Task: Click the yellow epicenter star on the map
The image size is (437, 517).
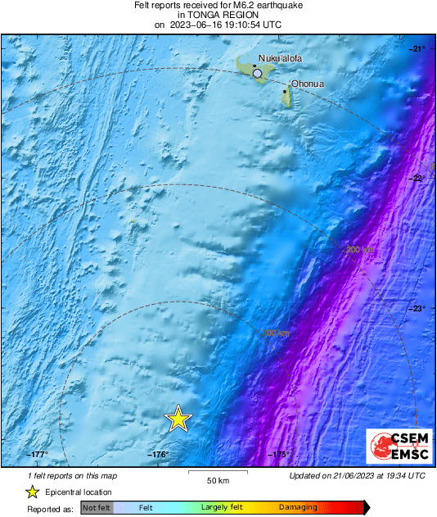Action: (178, 419)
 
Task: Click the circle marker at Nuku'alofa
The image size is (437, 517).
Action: (258, 74)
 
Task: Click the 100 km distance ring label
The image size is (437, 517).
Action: (277, 333)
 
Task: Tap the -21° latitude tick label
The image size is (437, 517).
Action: (417, 49)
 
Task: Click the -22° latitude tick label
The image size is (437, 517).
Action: (417, 179)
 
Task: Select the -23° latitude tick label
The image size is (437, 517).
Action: (417, 309)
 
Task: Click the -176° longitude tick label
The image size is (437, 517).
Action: (157, 454)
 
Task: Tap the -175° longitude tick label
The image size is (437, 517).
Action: (278, 454)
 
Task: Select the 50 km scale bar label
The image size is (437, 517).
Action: (217, 480)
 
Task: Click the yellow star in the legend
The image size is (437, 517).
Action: (32, 492)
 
